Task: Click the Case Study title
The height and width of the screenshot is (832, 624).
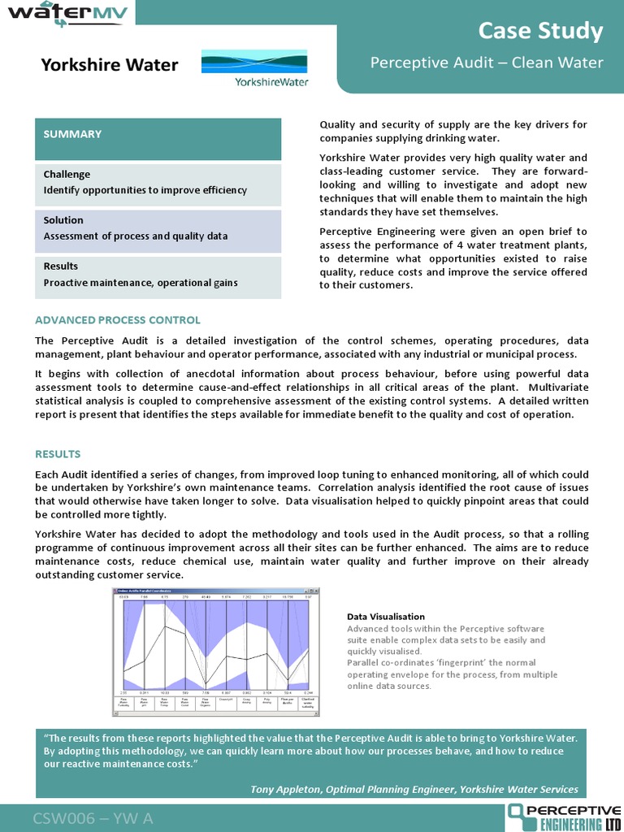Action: pyautogui.click(x=540, y=32)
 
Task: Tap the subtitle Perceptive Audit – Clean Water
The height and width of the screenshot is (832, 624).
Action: pyautogui.click(x=487, y=63)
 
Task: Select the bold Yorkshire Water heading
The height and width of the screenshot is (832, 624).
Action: pyautogui.click(x=110, y=65)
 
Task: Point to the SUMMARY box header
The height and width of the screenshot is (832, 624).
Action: pyautogui.click(x=72, y=134)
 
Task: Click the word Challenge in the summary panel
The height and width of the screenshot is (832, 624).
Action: pyautogui.click(x=67, y=175)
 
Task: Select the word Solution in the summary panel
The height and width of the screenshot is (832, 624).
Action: pyautogui.click(x=63, y=220)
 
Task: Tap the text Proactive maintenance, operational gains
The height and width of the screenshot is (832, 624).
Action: pyautogui.click(x=141, y=282)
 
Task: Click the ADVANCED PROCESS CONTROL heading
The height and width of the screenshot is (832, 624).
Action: pyautogui.click(x=118, y=320)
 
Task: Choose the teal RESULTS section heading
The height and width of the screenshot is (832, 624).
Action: pyautogui.click(x=58, y=454)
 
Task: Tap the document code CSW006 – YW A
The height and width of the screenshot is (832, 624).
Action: pyautogui.click(x=93, y=817)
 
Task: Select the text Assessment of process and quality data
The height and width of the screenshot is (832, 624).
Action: pyautogui.click(x=135, y=236)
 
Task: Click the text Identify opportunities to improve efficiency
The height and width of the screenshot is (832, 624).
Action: pyautogui.click(x=145, y=190)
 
